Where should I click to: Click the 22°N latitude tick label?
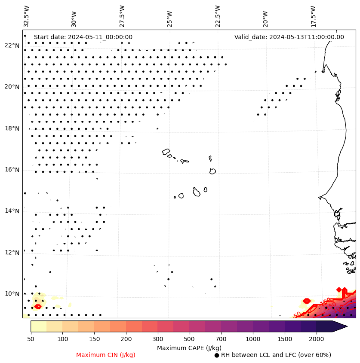click(x=12, y=46)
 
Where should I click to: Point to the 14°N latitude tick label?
click(x=12, y=211)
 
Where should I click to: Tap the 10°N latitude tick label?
click(x=12, y=294)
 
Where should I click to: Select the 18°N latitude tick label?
click(x=12, y=128)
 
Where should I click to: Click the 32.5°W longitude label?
click(x=27, y=16)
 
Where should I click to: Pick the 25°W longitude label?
click(x=169, y=18)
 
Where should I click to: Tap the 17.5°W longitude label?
click(x=313, y=16)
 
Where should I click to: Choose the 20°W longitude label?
click(x=265, y=18)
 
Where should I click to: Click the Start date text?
click(x=83, y=37)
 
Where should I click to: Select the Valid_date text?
click(x=289, y=37)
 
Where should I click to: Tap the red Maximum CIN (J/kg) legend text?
click(x=106, y=355)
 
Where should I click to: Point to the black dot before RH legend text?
click(x=217, y=355)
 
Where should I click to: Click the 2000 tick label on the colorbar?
click(x=317, y=339)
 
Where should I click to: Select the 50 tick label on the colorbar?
click(x=31, y=339)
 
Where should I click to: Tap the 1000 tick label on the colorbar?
click(x=253, y=339)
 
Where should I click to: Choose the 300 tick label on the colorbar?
click(x=158, y=339)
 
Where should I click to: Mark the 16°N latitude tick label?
click(x=12, y=170)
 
